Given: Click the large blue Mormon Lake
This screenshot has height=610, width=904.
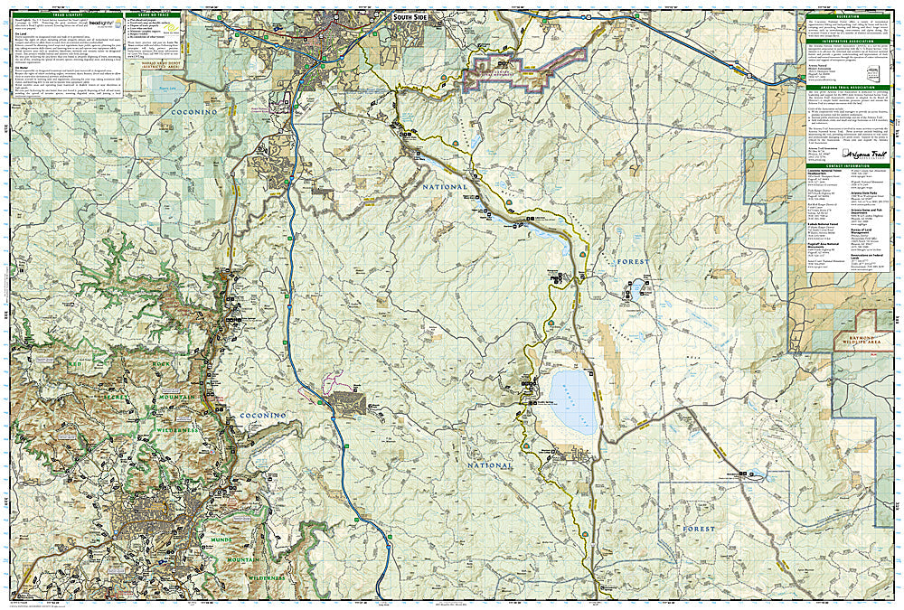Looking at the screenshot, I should tap(569, 400).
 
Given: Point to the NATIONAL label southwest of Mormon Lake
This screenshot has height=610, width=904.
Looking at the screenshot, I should tap(490, 465).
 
